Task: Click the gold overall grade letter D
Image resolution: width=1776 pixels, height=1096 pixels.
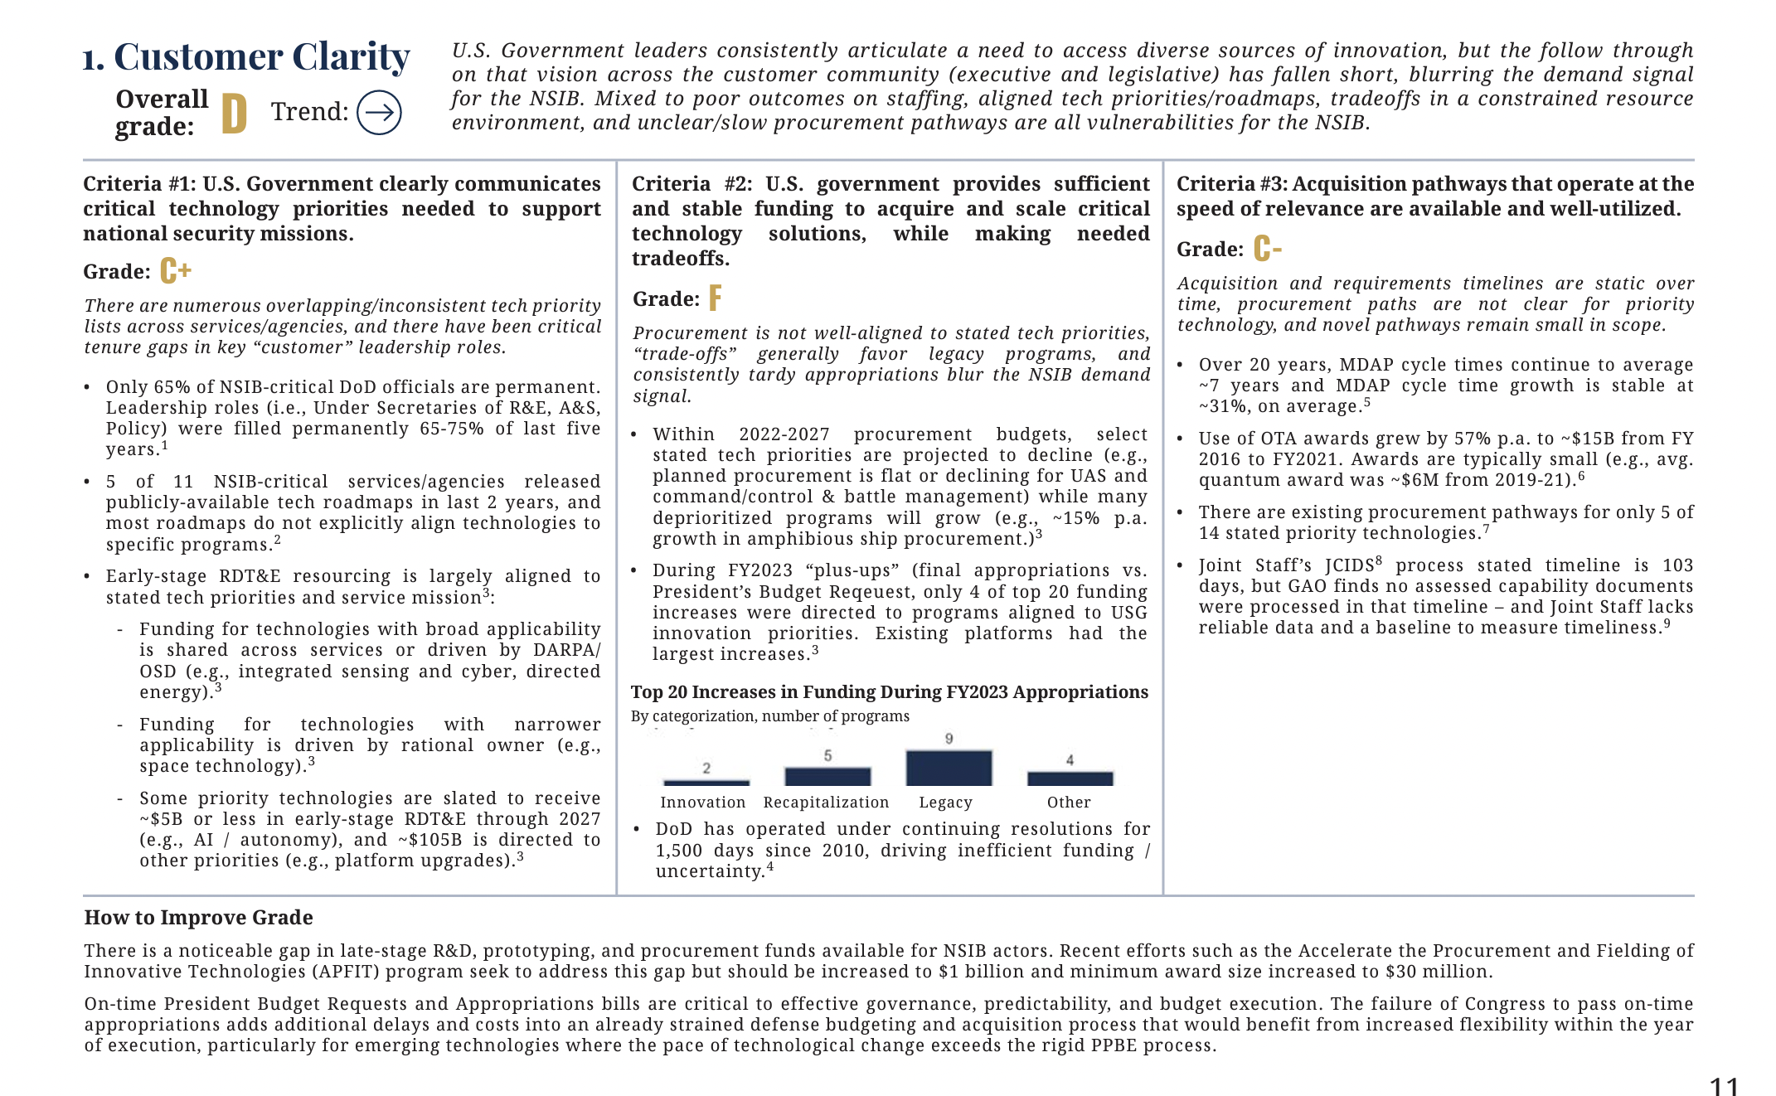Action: coord(234,114)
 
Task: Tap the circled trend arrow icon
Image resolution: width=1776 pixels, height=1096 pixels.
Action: coord(379,113)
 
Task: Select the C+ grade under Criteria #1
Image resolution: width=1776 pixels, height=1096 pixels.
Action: coord(176,271)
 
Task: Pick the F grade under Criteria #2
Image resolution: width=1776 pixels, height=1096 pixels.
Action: coord(715,298)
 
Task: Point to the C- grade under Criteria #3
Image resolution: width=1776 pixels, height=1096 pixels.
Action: coord(1268,249)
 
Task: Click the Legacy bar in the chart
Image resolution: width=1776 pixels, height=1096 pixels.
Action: coord(949,768)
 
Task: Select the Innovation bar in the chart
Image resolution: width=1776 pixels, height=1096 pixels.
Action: coord(706,782)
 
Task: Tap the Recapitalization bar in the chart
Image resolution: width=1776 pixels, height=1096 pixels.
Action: coord(827,777)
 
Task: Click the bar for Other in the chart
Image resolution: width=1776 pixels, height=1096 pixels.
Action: coord(1070,778)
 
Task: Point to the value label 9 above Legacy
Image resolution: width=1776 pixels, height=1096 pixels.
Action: coord(949,739)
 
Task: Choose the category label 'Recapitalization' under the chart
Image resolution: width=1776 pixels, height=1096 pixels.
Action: coord(826,803)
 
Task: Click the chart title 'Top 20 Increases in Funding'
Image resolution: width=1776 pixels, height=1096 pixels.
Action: coord(889,692)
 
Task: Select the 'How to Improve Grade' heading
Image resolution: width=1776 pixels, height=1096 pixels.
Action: coord(198,918)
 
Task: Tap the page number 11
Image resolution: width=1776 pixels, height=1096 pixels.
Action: coord(1724,1086)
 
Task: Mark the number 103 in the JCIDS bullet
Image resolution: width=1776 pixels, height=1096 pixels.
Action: coord(1677,565)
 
